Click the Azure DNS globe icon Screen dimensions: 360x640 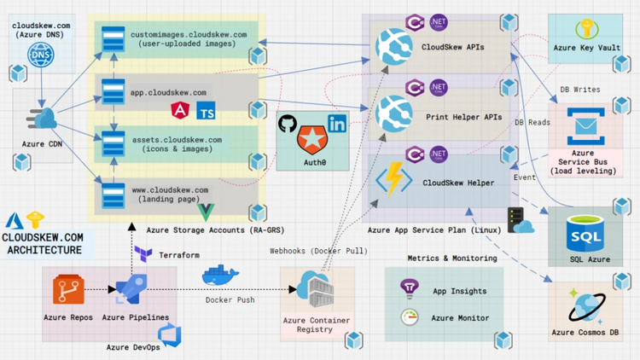tap(39, 55)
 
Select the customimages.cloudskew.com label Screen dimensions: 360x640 tap(189, 39)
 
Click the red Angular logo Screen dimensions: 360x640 tap(181, 110)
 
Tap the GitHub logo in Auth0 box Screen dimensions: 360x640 tap(288, 124)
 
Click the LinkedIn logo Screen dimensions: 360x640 tap(337, 124)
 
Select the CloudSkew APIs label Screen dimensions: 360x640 tap(454, 48)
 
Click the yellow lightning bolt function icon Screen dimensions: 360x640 tap(394, 183)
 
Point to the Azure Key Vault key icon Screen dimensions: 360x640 tap(587, 30)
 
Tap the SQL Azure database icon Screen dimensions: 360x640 tap(587, 231)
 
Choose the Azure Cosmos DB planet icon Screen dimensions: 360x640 tap(587, 305)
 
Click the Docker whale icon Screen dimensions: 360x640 tap(221, 276)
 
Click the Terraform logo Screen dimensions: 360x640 tap(143, 254)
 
